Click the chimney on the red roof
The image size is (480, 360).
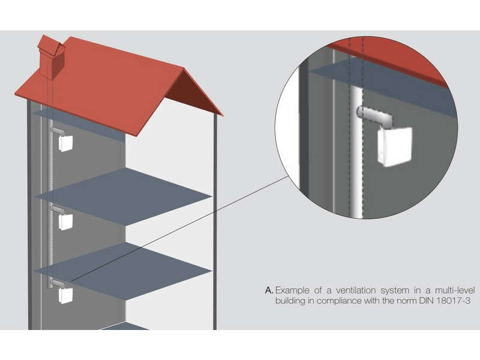point(52,58)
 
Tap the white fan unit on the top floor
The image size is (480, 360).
point(65,143)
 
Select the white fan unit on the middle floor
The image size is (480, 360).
point(65,222)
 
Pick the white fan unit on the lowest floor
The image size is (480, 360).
point(65,296)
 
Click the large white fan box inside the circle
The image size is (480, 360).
point(395,146)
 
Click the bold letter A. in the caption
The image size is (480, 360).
point(269,290)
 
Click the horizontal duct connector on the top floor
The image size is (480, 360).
point(57,131)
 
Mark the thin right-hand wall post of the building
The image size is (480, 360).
point(215,222)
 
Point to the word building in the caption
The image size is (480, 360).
point(290,301)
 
